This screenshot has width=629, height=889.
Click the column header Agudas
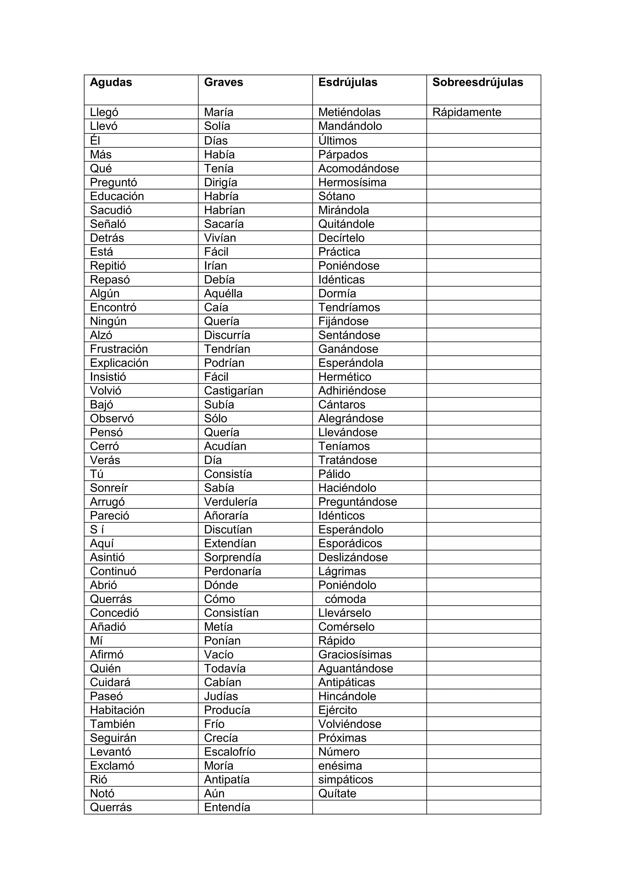[111, 83]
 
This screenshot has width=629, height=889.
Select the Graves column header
[224, 83]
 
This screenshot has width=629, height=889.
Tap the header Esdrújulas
[347, 83]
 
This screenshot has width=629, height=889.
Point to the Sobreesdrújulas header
[478, 83]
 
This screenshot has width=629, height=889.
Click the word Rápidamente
[467, 112]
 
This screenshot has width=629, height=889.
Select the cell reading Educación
[117, 196]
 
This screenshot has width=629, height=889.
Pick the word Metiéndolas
[349, 112]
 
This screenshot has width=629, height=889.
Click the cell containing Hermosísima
[352, 182]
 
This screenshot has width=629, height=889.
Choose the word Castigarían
[233, 391]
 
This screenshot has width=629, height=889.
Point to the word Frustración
[119, 349]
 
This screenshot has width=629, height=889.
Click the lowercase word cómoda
[345, 599]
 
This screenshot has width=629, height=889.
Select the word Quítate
[337, 793]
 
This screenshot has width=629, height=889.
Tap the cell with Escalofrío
[230, 751]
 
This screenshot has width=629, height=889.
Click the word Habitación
[117, 710]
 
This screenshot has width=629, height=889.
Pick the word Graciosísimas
[355, 654]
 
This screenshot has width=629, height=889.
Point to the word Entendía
[227, 807]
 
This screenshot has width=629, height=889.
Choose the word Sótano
[337, 196]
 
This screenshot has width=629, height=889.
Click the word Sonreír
[109, 488]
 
